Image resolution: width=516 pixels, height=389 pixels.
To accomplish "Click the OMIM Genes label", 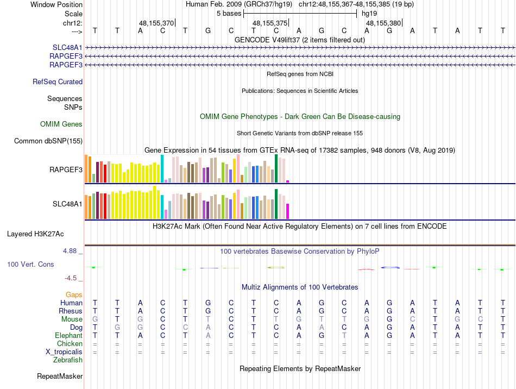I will (61, 124).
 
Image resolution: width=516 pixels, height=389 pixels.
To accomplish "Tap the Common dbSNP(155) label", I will (48, 141).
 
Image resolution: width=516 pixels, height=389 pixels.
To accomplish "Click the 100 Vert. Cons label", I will (30, 264).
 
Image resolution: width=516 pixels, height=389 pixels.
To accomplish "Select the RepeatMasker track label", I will (60, 376).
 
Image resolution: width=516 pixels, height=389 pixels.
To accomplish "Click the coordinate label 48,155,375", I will (270, 23).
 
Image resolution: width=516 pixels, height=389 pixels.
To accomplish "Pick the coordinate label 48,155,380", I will (383, 23).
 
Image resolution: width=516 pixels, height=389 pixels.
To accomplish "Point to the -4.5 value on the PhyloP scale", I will (71, 278).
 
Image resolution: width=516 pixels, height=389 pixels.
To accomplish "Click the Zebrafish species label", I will (68, 360).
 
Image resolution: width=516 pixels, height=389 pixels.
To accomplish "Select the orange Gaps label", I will (74, 294).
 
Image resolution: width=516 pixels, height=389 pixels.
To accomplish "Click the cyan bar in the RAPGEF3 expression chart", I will (162, 169).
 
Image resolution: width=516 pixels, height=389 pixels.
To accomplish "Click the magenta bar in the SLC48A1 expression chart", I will (288, 211).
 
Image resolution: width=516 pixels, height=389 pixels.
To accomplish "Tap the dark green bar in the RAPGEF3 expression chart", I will (276, 169).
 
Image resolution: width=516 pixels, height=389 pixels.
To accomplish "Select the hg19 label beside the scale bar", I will (369, 13).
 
